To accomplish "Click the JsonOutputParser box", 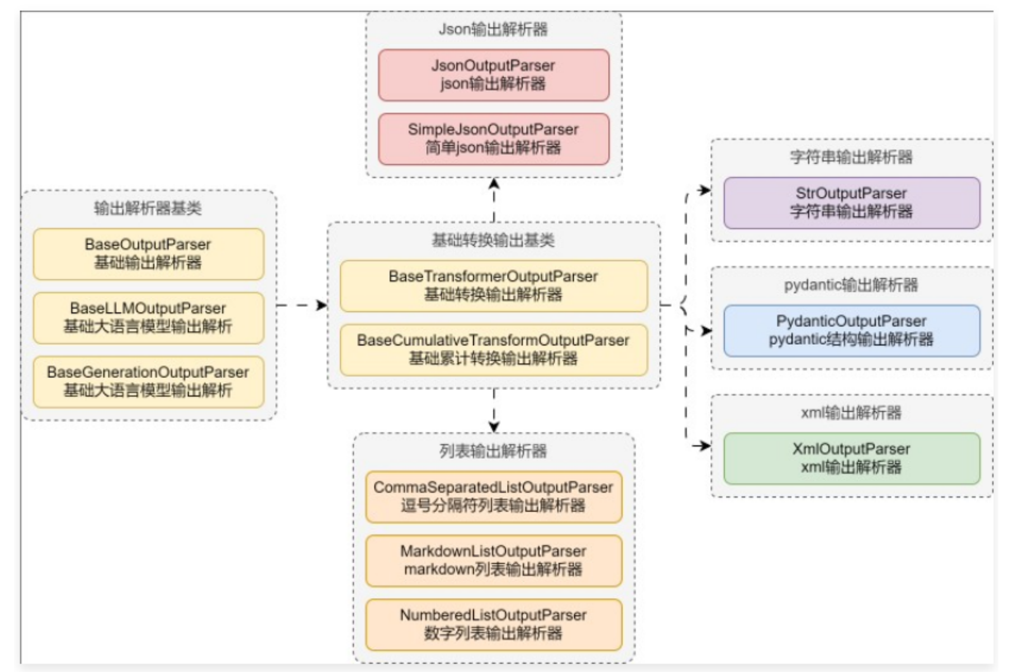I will [x=493, y=75].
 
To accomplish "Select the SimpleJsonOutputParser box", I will [x=493, y=139].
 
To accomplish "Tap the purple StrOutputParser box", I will [x=851, y=203].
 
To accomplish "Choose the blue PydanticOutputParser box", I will [x=851, y=330].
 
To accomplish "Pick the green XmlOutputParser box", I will [x=851, y=458].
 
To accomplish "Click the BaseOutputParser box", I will [x=148, y=254].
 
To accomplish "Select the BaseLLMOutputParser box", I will [x=148, y=318].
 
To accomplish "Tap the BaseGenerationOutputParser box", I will [x=148, y=382].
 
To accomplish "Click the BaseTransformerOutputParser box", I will [x=493, y=286].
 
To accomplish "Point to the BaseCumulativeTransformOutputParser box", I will [x=493, y=349].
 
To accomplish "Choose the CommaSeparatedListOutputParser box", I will [x=493, y=497].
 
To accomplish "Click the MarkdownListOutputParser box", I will [x=493, y=561].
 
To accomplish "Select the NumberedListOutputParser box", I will [x=493, y=624].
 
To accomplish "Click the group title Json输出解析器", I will [x=493, y=29].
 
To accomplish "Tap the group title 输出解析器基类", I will [x=148, y=208].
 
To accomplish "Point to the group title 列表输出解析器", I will [x=493, y=451].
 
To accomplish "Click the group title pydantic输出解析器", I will [x=851, y=285].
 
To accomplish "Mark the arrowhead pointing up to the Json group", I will [x=494, y=184].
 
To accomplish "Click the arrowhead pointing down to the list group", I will [x=494, y=427].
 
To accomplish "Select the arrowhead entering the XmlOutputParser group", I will [x=705, y=446].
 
